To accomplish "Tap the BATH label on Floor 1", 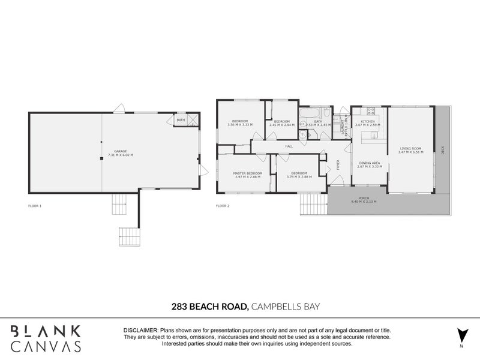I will [181, 121].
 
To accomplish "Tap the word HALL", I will [289, 146].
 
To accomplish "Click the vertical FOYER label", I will [338, 164].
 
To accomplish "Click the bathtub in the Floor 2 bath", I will [313, 113].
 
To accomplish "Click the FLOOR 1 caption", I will [35, 206].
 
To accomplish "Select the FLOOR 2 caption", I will [222, 206].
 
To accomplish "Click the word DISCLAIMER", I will [140, 331].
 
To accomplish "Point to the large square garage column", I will [101, 159].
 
